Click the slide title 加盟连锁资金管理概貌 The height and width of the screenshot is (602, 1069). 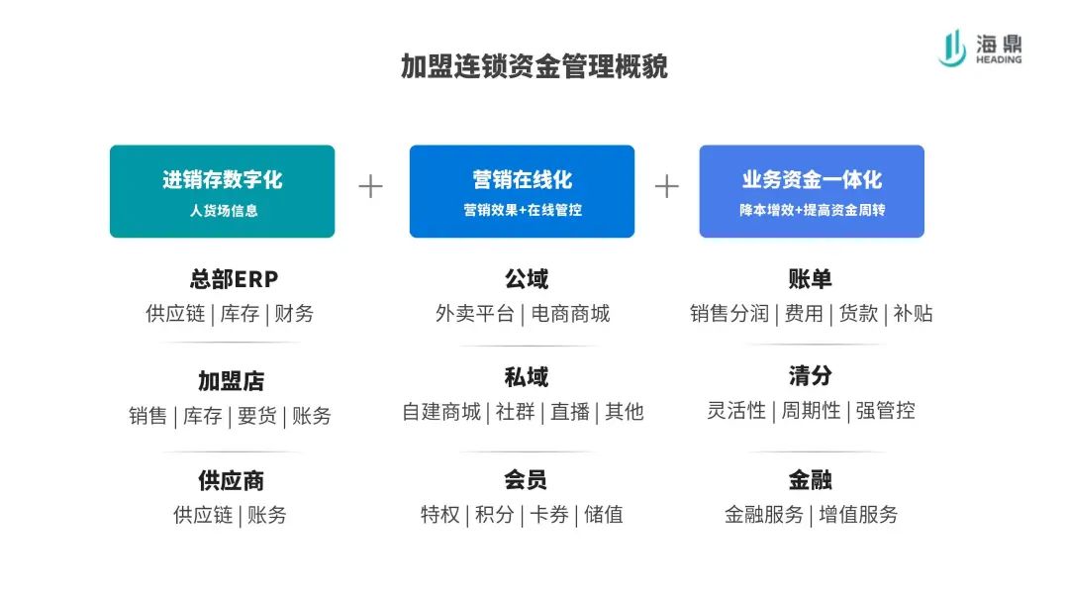534,66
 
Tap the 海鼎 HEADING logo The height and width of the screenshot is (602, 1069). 980,49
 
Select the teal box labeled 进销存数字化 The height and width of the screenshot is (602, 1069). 223,191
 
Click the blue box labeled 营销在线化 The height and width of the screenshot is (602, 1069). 523,191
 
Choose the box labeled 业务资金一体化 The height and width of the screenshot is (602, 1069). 812,191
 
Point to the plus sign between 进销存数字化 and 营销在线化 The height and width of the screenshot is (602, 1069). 371,186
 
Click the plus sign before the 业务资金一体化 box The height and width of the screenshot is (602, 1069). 667,186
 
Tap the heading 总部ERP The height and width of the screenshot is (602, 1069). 234,279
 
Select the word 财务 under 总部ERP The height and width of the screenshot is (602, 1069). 294,314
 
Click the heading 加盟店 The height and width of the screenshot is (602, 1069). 231,381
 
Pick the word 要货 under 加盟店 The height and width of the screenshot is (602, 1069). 257,415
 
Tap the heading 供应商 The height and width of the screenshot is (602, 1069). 231,480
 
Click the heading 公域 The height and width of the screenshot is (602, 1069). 527,279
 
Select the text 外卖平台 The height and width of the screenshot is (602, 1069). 474,314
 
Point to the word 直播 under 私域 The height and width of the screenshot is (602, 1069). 570,412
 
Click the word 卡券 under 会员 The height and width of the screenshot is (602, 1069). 548,515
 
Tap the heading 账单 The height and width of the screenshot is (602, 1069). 810,279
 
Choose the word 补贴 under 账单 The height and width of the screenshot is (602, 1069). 913,314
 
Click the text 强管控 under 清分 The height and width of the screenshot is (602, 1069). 886,411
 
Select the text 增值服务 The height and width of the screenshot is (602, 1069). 858,515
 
